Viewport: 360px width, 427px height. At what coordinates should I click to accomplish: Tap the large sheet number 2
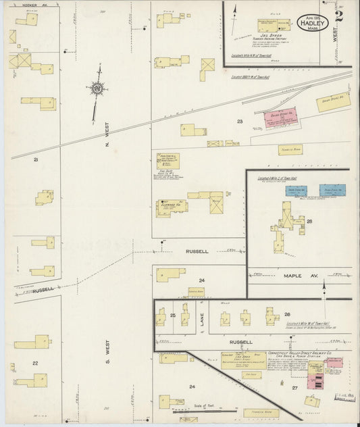point(338,16)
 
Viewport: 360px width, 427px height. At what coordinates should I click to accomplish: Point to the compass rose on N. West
point(99,89)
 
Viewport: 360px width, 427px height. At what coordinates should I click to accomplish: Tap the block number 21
point(35,160)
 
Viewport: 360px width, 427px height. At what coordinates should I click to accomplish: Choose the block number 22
point(35,363)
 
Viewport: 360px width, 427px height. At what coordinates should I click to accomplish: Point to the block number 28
point(310,222)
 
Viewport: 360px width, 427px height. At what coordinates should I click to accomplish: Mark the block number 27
point(294,388)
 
